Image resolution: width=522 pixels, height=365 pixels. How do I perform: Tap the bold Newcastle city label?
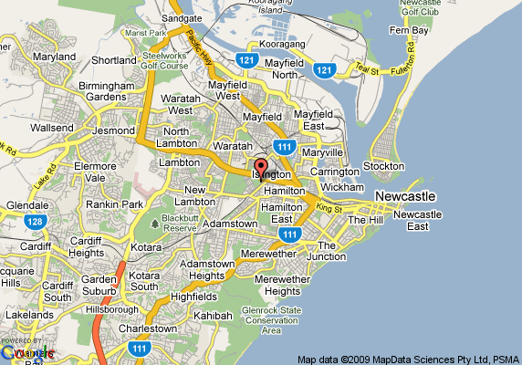coord(405,197)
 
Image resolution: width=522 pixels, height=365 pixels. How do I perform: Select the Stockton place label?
coord(383,166)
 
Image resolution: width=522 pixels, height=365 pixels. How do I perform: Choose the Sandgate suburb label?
coord(181,17)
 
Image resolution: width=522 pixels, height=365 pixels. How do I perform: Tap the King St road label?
coord(329,209)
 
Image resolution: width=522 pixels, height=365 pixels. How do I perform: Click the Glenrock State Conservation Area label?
coord(271,320)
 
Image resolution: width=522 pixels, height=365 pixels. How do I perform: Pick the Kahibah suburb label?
coord(214,315)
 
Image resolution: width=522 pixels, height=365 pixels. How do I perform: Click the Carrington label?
coord(333,171)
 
